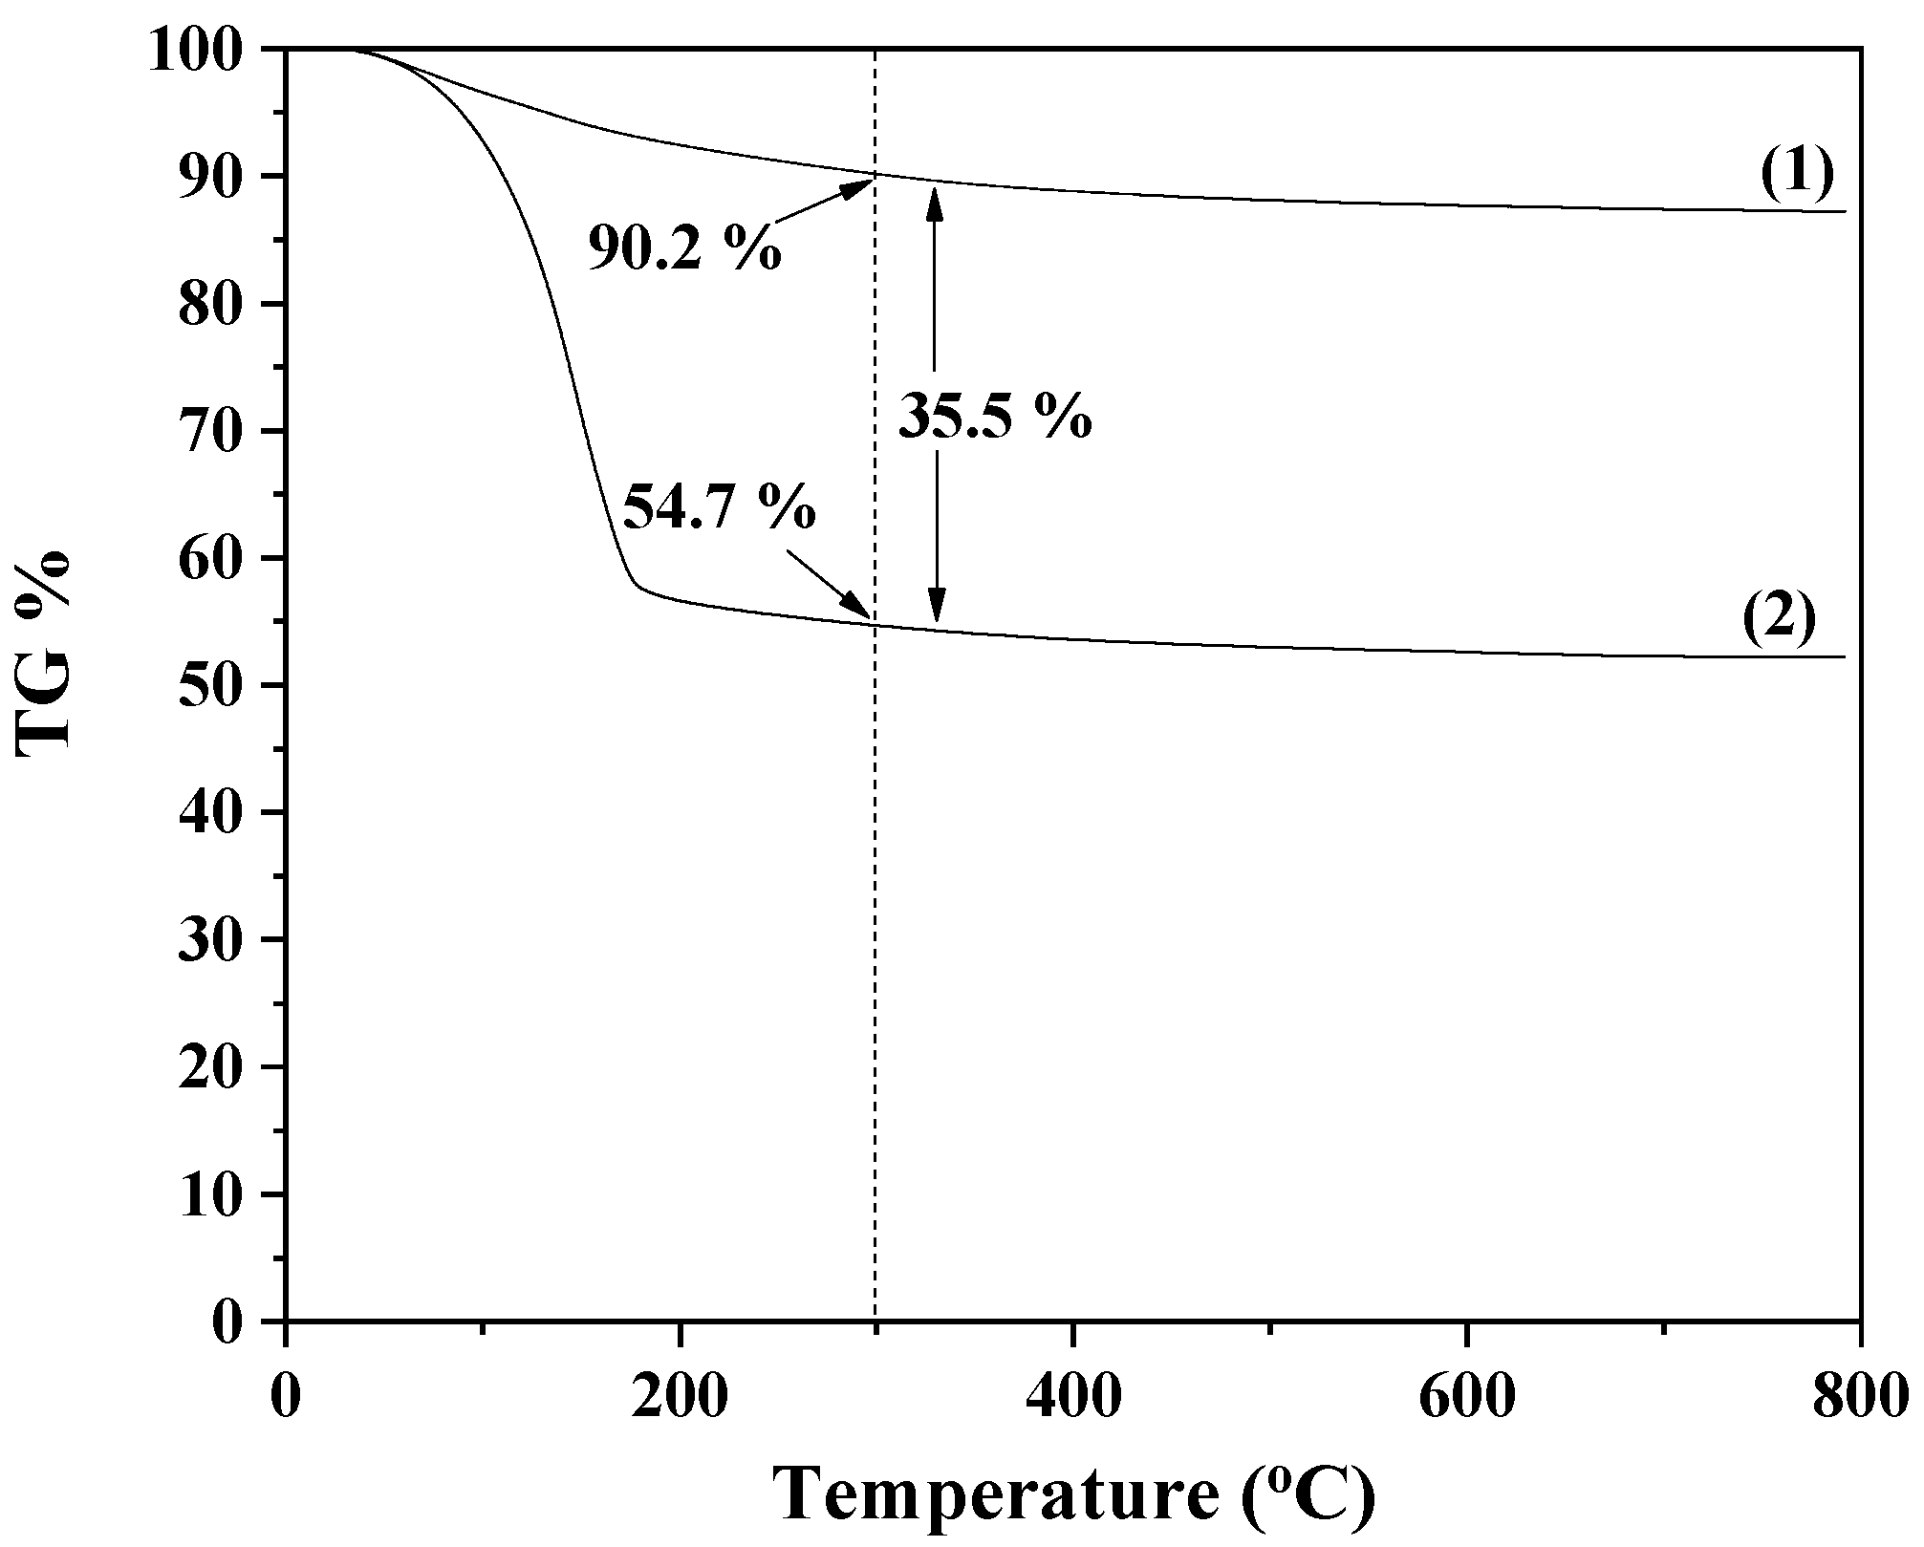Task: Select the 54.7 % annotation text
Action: pos(719,507)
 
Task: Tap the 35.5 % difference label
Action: pos(995,417)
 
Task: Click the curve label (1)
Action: pos(1797,172)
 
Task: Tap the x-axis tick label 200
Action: pos(680,1397)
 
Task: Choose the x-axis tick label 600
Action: pos(1466,1397)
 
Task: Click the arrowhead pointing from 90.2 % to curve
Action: pos(859,184)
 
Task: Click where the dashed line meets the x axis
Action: pos(876,1321)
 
